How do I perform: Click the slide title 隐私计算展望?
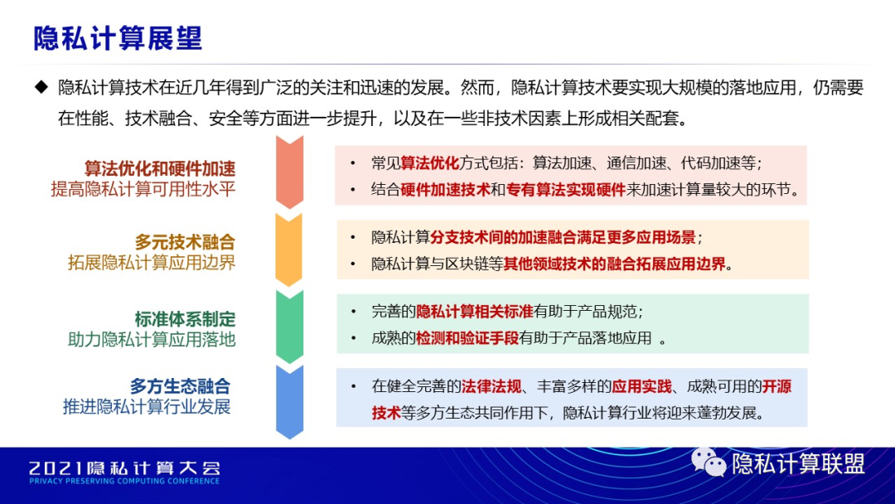118,38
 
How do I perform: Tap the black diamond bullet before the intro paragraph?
41,87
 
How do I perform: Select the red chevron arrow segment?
289,172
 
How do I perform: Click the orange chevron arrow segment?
289,250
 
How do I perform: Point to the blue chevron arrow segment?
289,402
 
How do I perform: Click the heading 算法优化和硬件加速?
160,168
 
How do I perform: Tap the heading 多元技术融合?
185,242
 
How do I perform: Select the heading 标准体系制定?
185,319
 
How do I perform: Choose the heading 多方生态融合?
181,386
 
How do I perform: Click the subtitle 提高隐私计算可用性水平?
143,189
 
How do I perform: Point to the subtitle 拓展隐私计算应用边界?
152,263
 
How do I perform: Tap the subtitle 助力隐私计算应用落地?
152,340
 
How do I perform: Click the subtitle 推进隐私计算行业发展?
147,407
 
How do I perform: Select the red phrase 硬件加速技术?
445,190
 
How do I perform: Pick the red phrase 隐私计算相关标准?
475,312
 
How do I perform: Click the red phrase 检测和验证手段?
467,338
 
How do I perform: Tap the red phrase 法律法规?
491,387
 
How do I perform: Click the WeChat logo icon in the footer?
709,463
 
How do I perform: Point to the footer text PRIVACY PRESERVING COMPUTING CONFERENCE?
124,481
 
